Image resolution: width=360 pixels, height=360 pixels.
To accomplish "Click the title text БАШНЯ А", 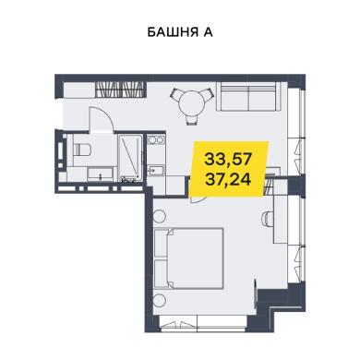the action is (180, 32).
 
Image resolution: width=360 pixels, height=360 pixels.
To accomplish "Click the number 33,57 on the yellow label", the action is (229, 160).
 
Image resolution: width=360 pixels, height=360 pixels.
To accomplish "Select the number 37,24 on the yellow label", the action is (229, 178).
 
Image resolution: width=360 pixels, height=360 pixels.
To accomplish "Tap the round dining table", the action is (192, 103).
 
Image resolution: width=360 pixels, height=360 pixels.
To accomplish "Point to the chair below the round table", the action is (192, 119).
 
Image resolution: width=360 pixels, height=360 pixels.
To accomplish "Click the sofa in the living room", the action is (248, 96).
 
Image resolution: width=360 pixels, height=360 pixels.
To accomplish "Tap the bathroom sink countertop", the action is (102, 174).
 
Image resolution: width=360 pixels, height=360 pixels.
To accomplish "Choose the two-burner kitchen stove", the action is (156, 140).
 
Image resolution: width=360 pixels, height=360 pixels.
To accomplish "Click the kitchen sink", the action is (156, 170).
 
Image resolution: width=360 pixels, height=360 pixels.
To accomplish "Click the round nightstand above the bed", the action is (160, 215).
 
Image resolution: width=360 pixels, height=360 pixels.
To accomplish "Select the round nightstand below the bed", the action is (160, 301).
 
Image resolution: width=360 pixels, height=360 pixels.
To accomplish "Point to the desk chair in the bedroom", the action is (267, 220).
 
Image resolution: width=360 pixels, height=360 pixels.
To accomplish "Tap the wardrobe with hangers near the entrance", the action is (119, 90).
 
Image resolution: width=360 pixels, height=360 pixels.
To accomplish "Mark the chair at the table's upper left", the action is (178, 94).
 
